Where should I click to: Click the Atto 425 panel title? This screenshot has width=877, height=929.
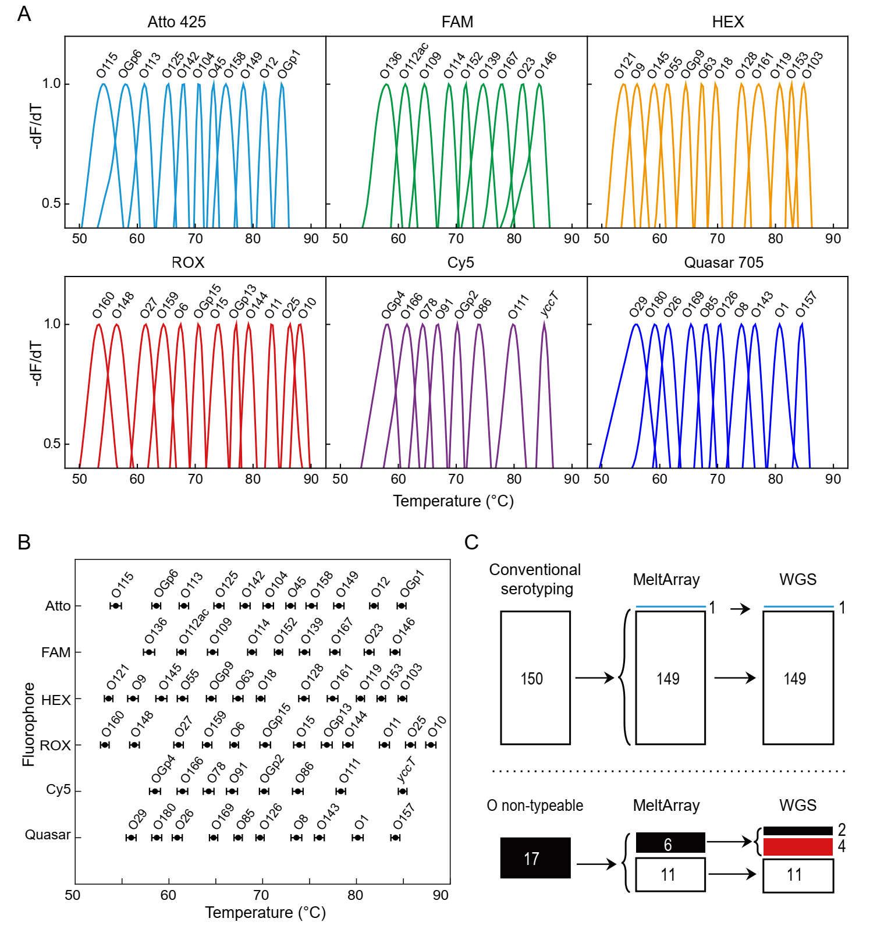(176, 22)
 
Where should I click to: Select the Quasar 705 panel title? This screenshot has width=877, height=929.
(723, 263)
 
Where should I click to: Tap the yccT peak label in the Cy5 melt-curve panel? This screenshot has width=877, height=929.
(549, 304)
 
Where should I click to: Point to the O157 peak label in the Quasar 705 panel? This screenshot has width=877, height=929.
(806, 304)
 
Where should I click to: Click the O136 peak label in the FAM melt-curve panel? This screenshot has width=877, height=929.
(390, 65)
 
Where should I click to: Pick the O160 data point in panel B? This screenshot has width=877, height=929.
(105, 745)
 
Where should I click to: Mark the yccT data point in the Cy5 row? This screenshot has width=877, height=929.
(403, 791)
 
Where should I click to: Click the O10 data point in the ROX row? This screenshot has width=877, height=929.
(431, 745)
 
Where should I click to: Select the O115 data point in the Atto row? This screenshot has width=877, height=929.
(116, 606)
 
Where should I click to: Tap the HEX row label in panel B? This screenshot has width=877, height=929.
(56, 700)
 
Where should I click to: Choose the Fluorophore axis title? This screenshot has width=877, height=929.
(29, 724)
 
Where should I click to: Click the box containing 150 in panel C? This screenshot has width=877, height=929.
(535, 678)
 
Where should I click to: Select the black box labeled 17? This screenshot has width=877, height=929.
(535, 858)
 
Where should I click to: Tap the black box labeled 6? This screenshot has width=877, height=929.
(670, 843)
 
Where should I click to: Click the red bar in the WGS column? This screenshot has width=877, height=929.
(798, 846)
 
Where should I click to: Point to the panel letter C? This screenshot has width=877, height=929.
(471, 542)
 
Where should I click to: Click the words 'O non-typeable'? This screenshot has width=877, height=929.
(535, 806)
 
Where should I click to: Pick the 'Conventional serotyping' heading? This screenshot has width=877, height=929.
(535, 579)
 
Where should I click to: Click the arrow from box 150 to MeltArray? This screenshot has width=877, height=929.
(594, 678)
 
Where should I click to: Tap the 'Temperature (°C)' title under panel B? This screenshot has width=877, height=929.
(265, 913)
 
